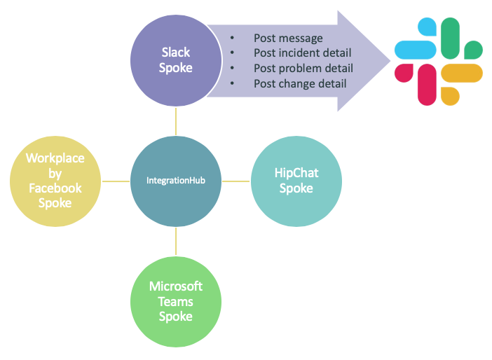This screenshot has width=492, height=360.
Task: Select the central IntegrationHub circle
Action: click(x=176, y=181)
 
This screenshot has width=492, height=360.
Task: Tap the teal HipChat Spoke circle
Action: click(x=295, y=181)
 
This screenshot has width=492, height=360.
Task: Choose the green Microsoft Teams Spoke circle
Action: click(x=176, y=301)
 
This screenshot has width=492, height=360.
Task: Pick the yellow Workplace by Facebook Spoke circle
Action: click(x=55, y=181)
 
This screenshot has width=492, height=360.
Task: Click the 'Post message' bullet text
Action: click(x=288, y=38)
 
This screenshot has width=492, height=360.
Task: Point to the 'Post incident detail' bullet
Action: click(x=302, y=53)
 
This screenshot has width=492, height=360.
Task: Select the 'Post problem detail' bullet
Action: click(x=303, y=69)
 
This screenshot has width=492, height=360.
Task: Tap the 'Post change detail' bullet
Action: click(x=300, y=84)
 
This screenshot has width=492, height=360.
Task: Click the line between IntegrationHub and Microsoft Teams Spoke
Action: click(x=176, y=241)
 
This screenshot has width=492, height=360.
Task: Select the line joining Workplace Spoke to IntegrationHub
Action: click(x=116, y=181)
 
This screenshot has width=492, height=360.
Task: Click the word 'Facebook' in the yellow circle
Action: click(x=55, y=188)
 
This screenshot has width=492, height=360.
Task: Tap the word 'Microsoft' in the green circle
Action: click(x=176, y=286)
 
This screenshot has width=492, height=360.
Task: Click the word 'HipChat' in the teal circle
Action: click(x=295, y=174)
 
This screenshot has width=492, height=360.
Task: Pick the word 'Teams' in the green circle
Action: click(x=176, y=301)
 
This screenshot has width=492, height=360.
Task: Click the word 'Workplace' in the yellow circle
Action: click(x=55, y=158)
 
